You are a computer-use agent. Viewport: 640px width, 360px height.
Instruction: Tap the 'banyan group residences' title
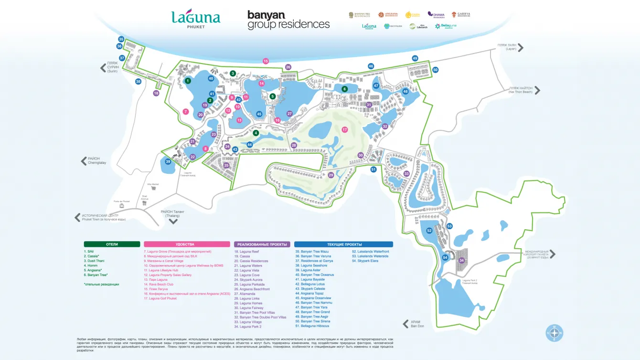(288, 20)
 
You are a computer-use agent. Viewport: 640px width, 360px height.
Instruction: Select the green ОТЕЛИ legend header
(112, 244)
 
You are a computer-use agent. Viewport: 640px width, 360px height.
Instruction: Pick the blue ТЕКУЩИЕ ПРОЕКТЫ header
(343, 244)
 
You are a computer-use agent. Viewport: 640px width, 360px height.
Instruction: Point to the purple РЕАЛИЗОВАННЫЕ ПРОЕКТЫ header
(261, 244)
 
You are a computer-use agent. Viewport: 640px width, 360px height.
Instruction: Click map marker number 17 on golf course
(345, 129)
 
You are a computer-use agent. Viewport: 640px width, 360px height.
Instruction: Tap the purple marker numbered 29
(331, 175)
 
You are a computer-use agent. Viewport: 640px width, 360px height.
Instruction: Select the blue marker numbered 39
(168, 162)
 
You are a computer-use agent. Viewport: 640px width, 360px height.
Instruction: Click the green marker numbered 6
(344, 89)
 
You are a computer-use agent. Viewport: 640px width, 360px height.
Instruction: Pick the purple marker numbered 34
(461, 260)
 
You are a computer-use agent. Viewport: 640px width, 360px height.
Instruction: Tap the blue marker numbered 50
(435, 70)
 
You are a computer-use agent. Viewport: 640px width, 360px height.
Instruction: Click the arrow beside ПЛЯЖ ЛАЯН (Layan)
(521, 47)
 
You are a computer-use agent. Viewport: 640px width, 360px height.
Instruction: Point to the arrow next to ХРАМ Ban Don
(406, 323)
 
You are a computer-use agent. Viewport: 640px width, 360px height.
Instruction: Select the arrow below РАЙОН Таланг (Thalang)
(173, 221)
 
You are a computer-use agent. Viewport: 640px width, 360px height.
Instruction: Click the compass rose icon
(555, 333)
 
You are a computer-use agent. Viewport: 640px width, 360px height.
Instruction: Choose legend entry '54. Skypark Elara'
(365, 261)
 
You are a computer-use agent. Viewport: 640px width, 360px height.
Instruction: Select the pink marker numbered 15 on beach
(266, 61)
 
